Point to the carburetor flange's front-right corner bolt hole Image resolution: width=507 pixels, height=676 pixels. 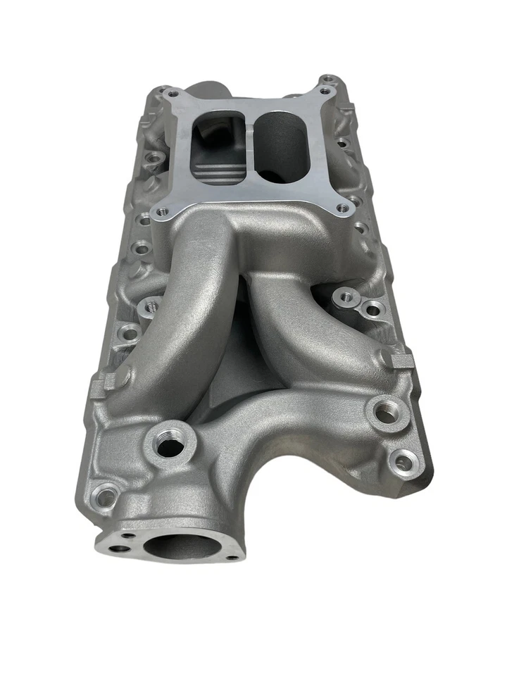coord(342,208)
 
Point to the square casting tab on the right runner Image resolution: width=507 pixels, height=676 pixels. coord(400,362)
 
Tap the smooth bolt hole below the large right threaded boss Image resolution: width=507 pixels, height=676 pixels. coord(402,461)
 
